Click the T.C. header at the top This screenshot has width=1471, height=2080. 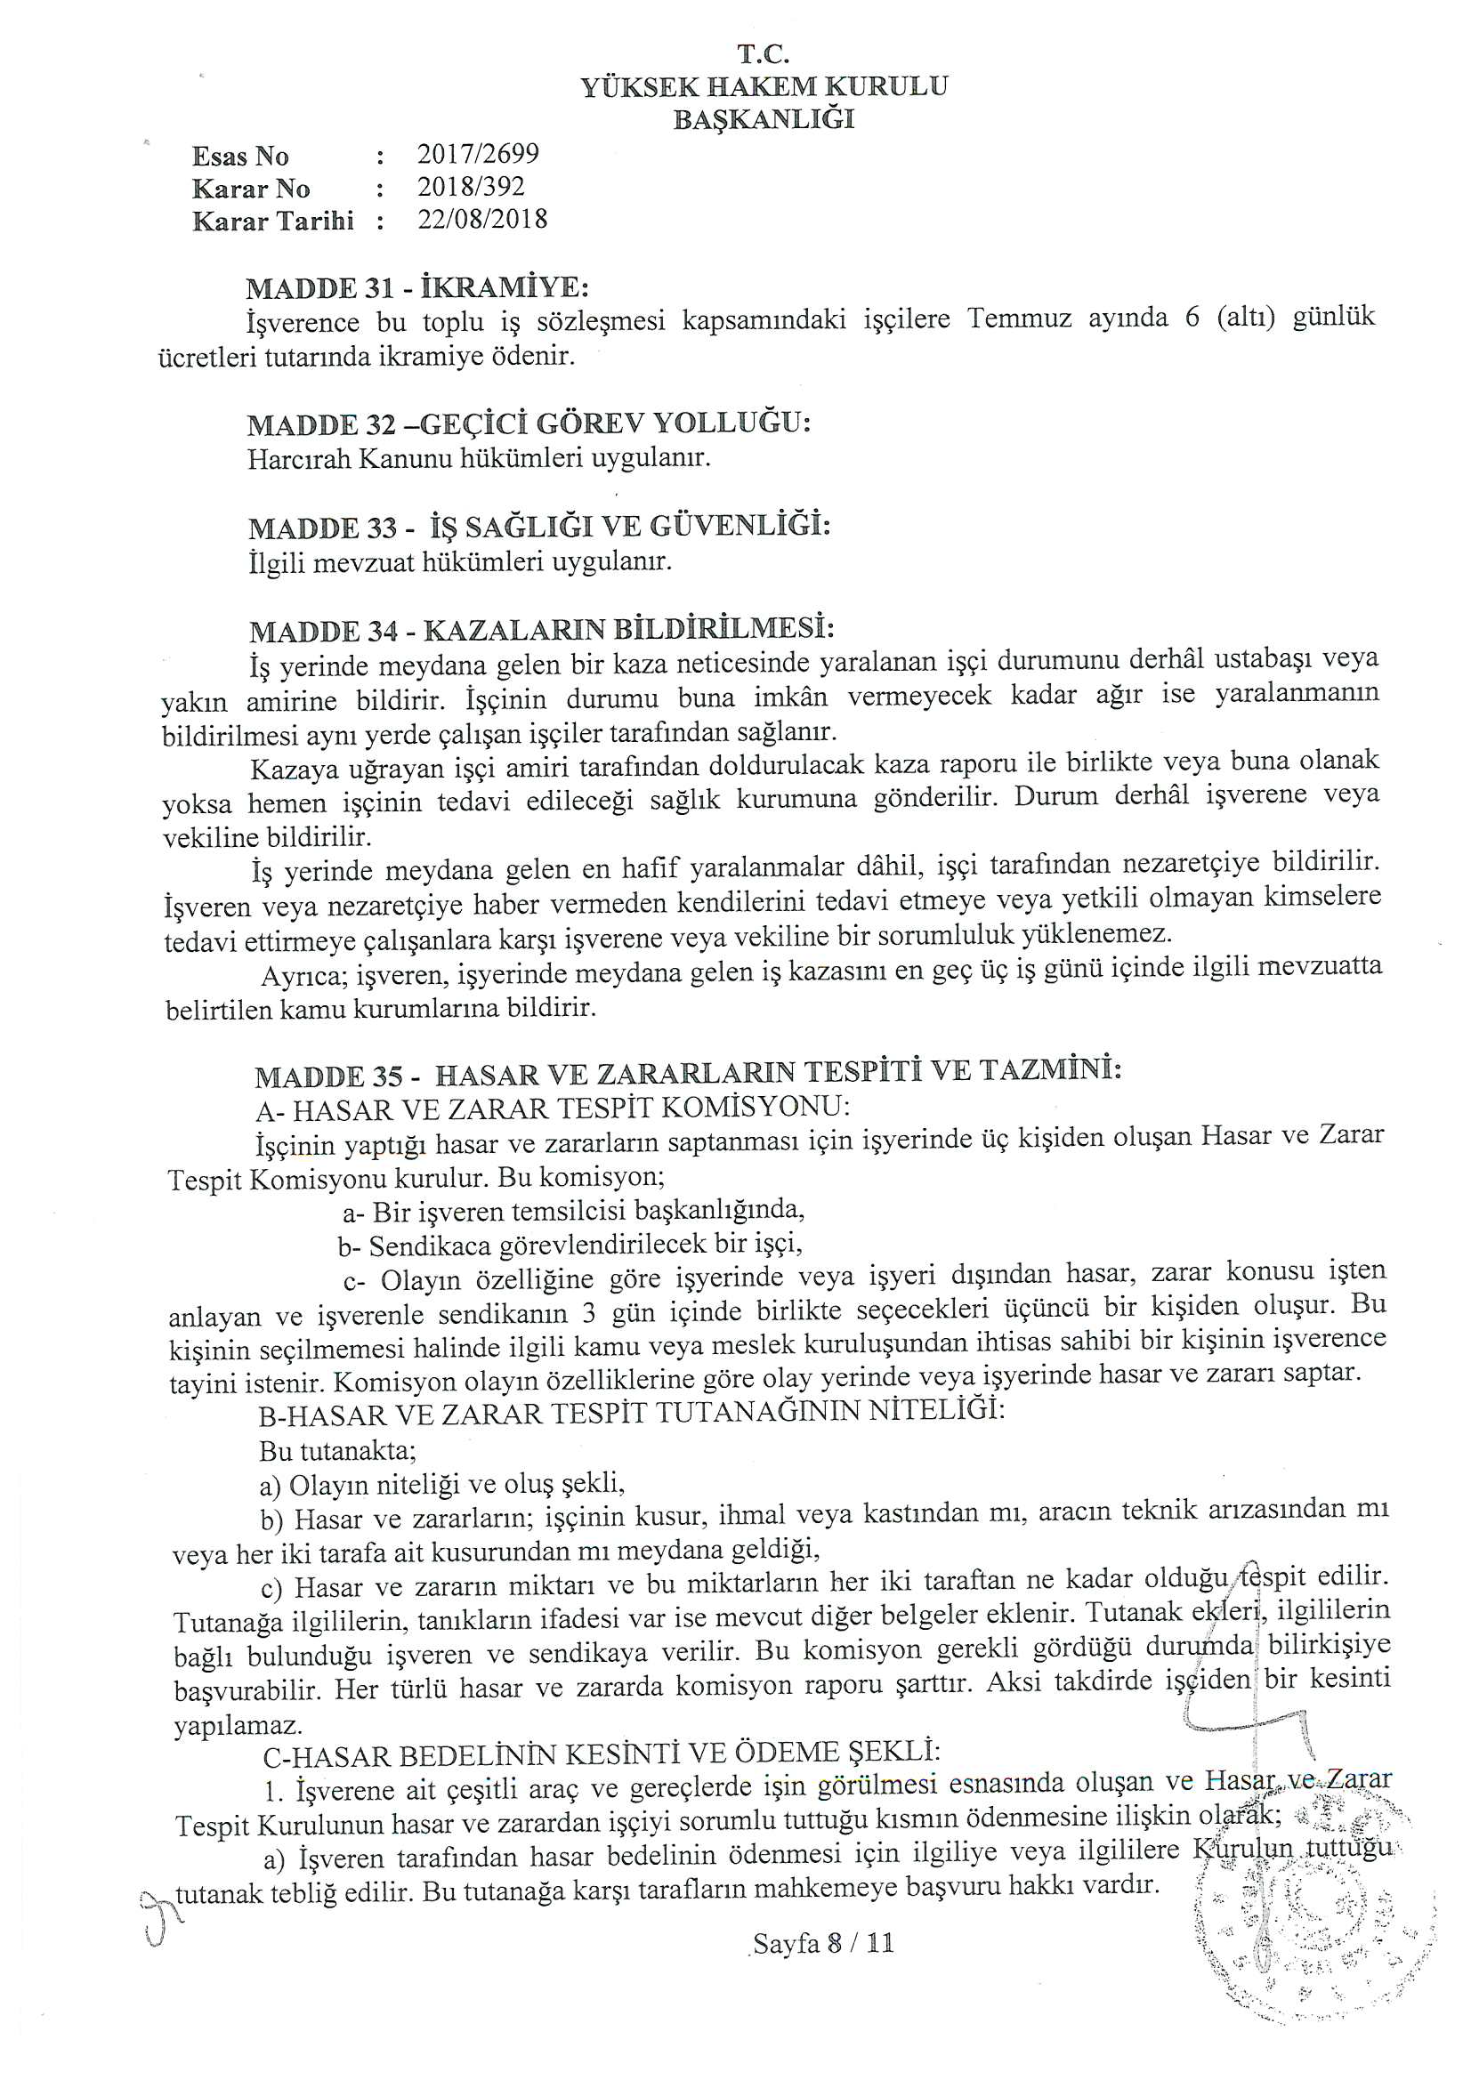764,54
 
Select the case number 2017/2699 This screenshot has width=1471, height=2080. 478,154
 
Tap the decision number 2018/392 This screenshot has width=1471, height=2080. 471,187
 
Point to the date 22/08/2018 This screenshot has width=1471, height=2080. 482,219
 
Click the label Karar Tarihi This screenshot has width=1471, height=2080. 273,221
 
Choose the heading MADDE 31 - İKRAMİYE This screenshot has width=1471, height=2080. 417,288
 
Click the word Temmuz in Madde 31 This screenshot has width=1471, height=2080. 1019,318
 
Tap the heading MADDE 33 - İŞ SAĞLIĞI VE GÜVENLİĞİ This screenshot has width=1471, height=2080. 539,527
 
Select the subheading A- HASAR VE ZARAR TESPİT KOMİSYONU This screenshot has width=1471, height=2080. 553,1108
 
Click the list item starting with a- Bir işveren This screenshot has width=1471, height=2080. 574,1210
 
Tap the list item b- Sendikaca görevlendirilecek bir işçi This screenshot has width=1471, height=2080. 570,1245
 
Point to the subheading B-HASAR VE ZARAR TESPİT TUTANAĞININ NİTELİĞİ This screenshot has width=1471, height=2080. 632,1414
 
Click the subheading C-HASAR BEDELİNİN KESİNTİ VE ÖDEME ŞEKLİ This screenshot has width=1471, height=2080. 602,1753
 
